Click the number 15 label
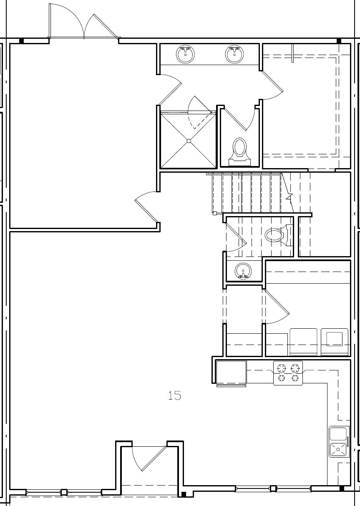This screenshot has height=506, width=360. pos(175,395)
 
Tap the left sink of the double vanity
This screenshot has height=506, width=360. pos(185,54)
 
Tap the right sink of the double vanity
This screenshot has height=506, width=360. pos(235,54)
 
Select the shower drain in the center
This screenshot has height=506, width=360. pos(189,141)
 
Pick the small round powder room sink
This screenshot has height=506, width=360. pos(243,271)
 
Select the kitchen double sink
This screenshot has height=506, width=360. pos(338,442)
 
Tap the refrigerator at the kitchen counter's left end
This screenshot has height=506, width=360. pos(231,373)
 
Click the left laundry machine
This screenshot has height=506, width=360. pos(303,342)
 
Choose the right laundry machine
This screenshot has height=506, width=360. pos(334,342)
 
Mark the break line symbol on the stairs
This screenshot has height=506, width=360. pos(289,196)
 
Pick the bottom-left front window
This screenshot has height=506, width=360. pos(64,492)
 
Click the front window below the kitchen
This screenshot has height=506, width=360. pos(273,488)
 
